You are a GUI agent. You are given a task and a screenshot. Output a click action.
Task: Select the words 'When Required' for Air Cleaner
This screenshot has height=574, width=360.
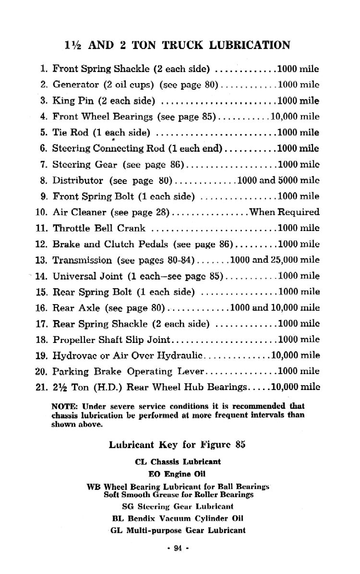pyautogui.click(x=285, y=212)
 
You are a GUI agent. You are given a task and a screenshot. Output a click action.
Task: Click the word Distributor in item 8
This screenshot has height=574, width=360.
pyautogui.click(x=78, y=181)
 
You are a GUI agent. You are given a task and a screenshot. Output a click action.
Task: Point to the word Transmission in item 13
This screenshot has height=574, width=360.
pyautogui.click(x=82, y=260)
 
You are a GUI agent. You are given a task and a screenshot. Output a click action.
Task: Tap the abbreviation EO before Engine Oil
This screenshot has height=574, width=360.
pyautogui.click(x=155, y=474)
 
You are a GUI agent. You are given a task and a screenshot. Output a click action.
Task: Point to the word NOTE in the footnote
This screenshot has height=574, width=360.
pyautogui.click(x=61, y=406)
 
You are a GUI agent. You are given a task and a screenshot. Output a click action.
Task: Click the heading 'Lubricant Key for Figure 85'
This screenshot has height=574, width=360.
pyautogui.click(x=177, y=444)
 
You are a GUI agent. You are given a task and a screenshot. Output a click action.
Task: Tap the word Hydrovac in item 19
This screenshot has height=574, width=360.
pyautogui.click(x=73, y=355)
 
